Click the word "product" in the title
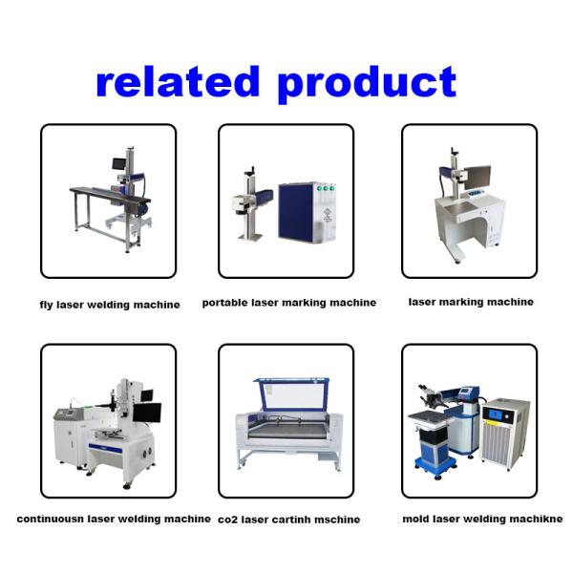[367, 84]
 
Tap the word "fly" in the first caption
[47, 306]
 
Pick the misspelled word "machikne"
[536, 520]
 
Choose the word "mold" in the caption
[416, 520]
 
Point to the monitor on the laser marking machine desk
[477, 177]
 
